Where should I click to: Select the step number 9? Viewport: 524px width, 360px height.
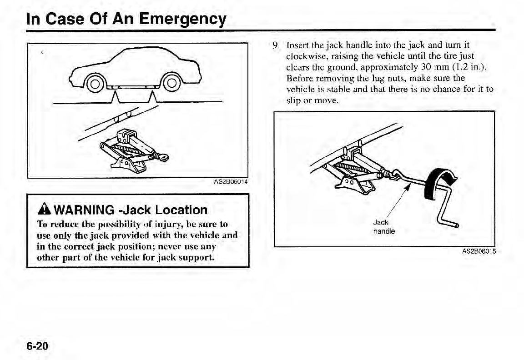(x=275, y=45)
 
